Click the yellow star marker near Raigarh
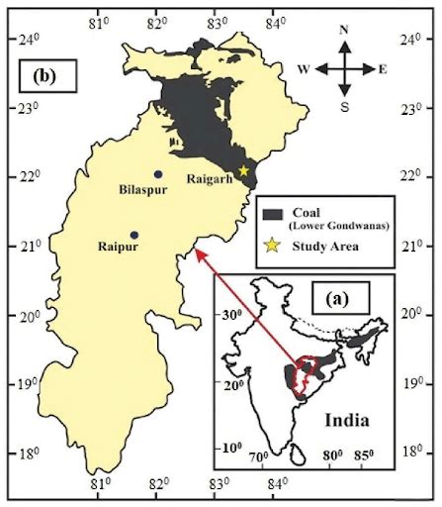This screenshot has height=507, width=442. tap(243, 171)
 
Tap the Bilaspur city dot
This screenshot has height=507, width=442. tap(158, 174)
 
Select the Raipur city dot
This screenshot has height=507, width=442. tap(134, 235)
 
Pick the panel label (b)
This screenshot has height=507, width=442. tap(45, 75)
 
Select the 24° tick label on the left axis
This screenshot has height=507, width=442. tap(30, 40)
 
